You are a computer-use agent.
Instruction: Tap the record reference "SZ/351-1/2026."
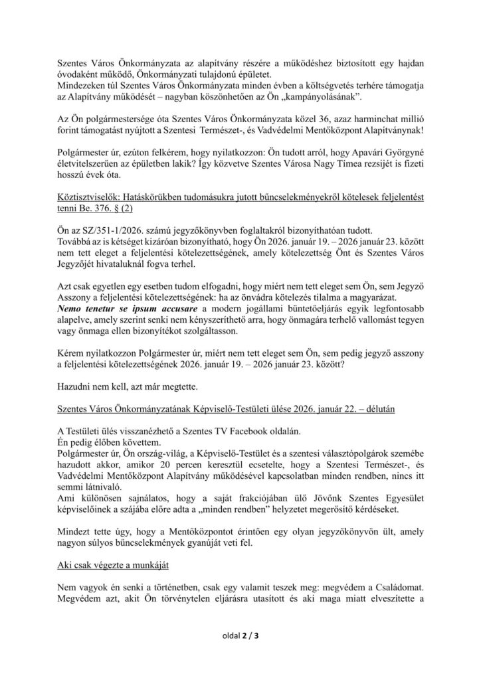click(x=108, y=242)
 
